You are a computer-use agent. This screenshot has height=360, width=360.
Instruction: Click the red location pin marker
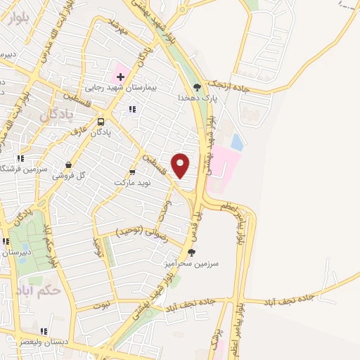point(181,165)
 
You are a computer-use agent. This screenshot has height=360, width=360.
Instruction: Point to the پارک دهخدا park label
point(207,98)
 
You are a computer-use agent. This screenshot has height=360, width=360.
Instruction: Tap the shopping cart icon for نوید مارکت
point(132,172)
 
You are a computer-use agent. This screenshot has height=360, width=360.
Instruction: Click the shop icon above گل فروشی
point(68,165)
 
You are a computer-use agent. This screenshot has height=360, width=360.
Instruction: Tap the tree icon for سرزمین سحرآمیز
point(191,252)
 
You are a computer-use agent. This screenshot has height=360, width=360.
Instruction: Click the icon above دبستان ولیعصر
point(44,331)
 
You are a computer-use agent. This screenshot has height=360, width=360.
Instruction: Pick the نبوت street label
point(103,304)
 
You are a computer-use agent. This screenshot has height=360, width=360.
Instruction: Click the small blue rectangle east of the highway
point(236,142)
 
